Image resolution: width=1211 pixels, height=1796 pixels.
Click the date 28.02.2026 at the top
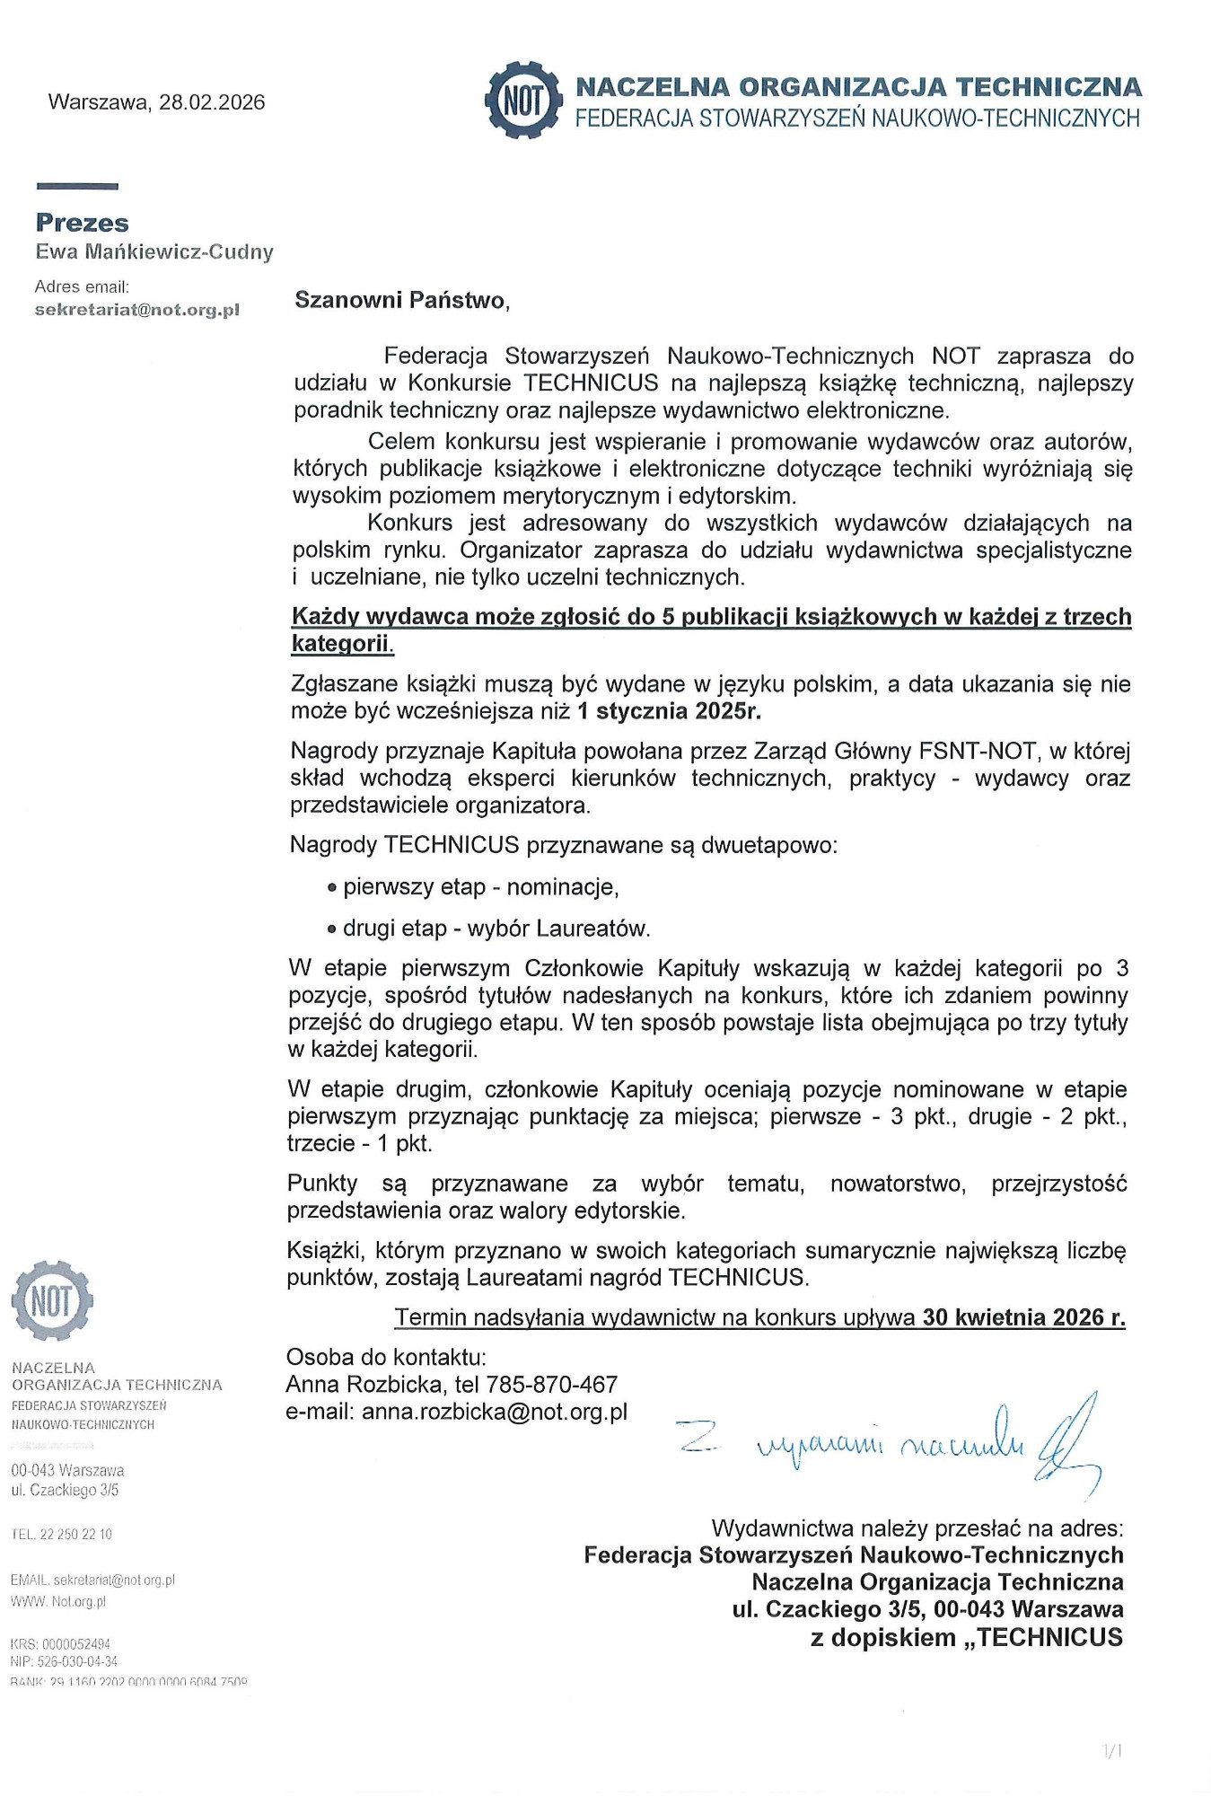click(212, 102)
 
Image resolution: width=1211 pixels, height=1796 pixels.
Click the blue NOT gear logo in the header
click(520, 100)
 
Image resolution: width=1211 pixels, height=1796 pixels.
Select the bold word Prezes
click(82, 223)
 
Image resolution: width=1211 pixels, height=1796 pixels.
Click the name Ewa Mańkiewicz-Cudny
click(154, 252)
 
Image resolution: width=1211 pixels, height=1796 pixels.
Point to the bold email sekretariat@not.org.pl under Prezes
click(136, 310)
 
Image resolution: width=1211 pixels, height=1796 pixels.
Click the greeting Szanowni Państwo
click(401, 300)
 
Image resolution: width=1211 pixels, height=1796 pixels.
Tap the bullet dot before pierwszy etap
click(332, 888)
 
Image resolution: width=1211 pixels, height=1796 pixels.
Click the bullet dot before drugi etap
click(332, 929)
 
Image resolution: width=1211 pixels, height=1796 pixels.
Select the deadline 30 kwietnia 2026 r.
click(1023, 1317)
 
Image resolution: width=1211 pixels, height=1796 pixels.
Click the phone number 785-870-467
click(551, 1385)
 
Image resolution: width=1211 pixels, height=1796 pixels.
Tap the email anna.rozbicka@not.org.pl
click(495, 1412)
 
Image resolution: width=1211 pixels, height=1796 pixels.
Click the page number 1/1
click(1112, 1750)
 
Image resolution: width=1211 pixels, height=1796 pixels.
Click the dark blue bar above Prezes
click(77, 187)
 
